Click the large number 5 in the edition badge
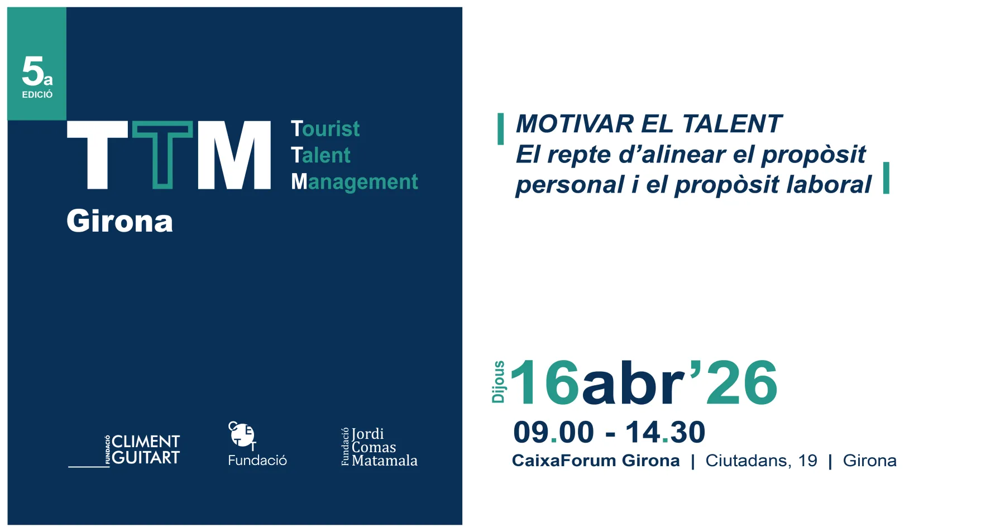tap(32, 71)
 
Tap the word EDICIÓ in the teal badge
tap(37, 95)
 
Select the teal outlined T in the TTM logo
tap(162, 155)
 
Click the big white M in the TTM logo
tap(234, 155)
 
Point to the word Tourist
tap(326, 129)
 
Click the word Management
tap(355, 181)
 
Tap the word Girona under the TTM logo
tap(120, 221)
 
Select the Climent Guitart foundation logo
tap(124, 450)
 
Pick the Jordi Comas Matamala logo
tap(379, 447)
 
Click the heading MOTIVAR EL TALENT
tap(648, 124)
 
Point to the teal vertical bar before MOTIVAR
tap(501, 129)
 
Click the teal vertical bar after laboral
tap(886, 178)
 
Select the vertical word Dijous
tap(498, 382)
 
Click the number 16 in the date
tap(544, 383)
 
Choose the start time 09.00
tap(553, 433)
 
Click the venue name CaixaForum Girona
tap(596, 461)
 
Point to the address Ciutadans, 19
tap(761, 461)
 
